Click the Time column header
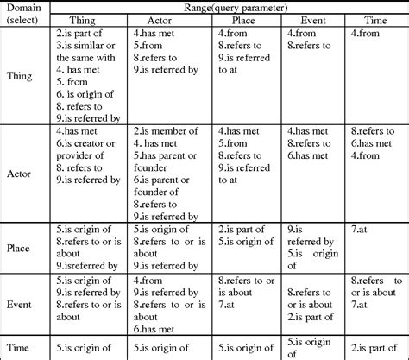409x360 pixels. tap(374, 19)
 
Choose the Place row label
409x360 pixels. tap(21, 247)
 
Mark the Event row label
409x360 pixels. tap(21, 304)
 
